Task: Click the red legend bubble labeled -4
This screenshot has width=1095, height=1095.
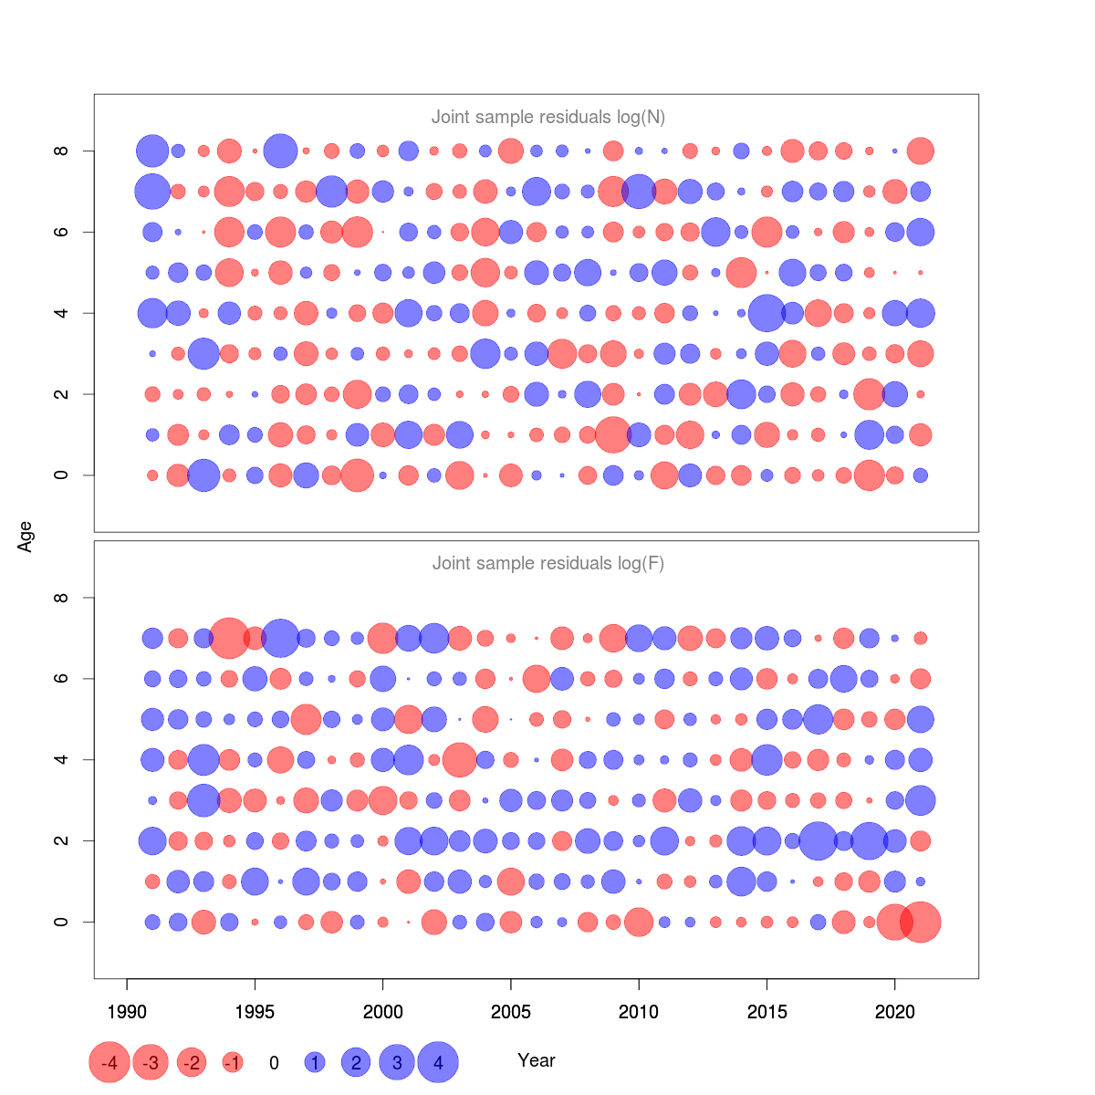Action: click(x=109, y=1062)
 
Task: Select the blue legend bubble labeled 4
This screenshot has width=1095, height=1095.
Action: click(x=438, y=1062)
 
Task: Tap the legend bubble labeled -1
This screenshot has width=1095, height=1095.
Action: click(x=233, y=1062)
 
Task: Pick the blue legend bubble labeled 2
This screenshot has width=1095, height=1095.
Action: click(x=356, y=1062)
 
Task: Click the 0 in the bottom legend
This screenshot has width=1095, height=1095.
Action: click(x=274, y=1063)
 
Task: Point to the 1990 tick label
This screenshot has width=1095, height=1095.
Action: click(x=127, y=1012)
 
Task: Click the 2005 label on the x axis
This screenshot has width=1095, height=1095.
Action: click(x=511, y=1012)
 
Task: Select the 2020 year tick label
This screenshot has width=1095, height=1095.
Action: click(x=895, y=1012)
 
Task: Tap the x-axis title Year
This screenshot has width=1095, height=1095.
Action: click(x=537, y=1060)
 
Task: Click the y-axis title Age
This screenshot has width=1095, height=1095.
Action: click(x=26, y=537)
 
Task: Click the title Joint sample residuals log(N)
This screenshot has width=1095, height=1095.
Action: click(x=547, y=117)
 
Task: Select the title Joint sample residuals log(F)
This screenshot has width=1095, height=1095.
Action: click(x=547, y=564)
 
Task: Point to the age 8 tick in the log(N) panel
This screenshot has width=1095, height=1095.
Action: click(x=61, y=151)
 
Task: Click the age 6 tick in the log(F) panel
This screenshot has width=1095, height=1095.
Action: click(x=61, y=679)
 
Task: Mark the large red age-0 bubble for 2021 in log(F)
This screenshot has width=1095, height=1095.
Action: click(x=921, y=922)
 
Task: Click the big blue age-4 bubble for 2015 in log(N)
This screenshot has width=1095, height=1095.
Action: click(x=766, y=313)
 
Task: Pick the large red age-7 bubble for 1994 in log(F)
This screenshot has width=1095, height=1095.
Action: click(x=229, y=638)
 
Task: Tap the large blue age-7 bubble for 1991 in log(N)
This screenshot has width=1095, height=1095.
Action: click(x=152, y=192)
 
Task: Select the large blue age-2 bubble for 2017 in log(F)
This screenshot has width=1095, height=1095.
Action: click(x=819, y=840)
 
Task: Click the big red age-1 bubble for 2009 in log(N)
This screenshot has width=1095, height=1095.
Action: click(x=613, y=434)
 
